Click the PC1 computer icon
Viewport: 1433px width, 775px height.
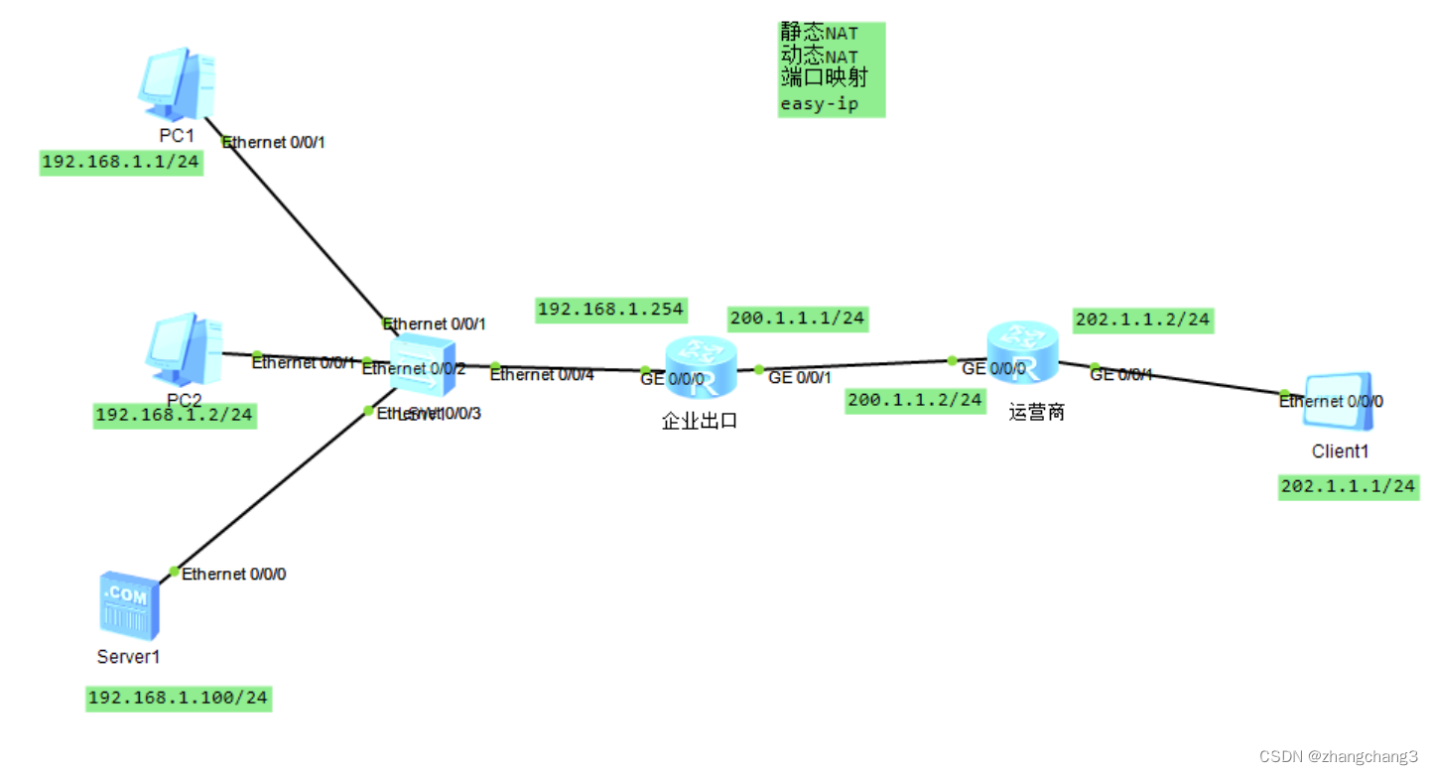point(177,84)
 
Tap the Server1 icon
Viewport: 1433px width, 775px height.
point(128,604)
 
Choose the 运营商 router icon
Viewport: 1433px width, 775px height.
point(1022,352)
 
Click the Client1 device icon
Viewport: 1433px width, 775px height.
point(1339,403)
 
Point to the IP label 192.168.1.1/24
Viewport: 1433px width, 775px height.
point(121,162)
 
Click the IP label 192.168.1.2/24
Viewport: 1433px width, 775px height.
point(175,415)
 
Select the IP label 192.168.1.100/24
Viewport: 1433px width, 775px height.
point(178,699)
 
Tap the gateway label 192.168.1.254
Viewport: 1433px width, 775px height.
point(610,310)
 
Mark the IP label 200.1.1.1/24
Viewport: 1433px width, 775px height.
point(797,319)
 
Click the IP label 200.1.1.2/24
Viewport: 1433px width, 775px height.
point(914,400)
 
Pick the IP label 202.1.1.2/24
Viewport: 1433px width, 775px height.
point(1142,320)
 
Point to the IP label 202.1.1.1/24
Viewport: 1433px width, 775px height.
point(1348,486)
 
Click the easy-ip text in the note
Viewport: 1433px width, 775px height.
point(819,103)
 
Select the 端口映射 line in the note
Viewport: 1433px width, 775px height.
point(824,79)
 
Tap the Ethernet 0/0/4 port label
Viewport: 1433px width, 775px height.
point(542,375)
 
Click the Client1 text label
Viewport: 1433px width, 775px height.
point(1340,452)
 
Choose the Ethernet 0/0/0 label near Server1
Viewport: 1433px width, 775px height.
point(234,574)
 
